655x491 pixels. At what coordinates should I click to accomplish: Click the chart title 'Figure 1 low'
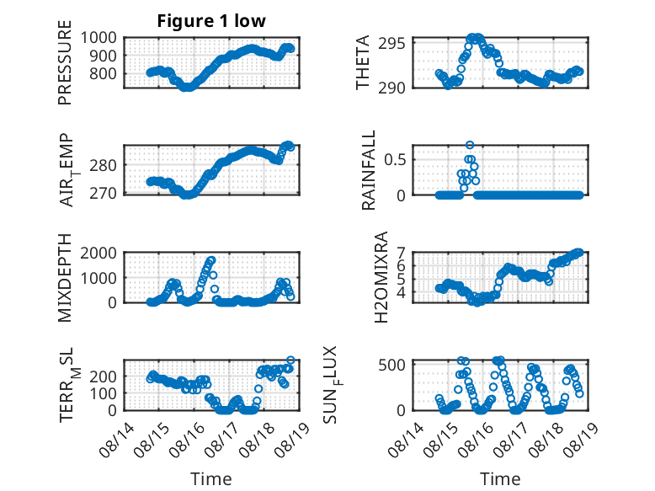pos(211,21)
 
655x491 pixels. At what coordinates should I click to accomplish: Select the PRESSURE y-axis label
pos(65,62)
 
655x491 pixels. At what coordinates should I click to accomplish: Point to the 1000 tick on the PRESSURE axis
pos(99,38)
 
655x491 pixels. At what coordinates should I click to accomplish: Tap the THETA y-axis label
pos(363,62)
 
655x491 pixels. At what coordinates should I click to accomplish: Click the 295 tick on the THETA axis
pos(391,43)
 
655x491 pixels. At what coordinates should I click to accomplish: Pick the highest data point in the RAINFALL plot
pos(470,145)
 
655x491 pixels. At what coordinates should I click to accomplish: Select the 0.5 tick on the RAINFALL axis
pos(395,160)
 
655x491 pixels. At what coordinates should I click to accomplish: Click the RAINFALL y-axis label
pos(369,170)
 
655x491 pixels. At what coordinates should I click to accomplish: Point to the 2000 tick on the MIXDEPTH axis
pos(99,254)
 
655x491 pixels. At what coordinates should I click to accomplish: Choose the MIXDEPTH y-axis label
pos(65,278)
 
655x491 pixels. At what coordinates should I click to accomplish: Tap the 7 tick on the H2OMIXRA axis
pos(401,253)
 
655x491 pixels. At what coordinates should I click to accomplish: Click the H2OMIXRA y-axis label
pos(381,277)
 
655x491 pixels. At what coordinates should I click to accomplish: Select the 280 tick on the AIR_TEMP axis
pos(104,165)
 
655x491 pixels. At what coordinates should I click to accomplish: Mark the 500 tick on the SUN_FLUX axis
pos(391,365)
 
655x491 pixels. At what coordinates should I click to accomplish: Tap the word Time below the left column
pos(211,479)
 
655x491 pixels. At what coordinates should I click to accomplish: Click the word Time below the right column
pos(500,479)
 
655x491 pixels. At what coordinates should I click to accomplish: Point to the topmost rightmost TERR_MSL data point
pos(290,360)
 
